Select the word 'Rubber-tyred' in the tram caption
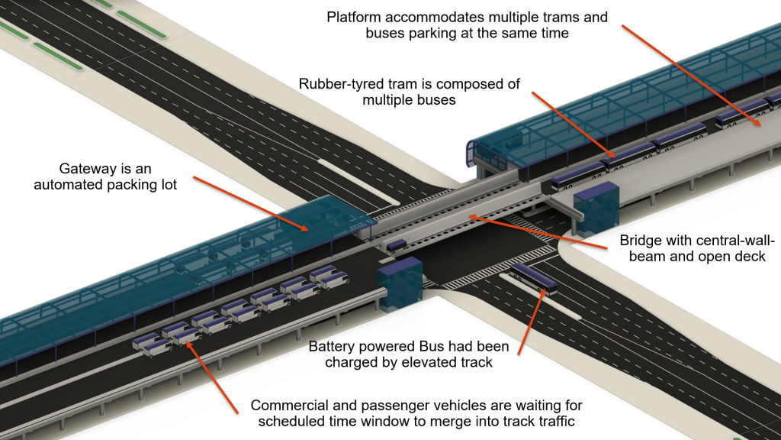click(x=338, y=84)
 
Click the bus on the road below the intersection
click(x=535, y=279)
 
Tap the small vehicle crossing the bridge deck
click(x=396, y=247)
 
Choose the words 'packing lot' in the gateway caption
click(x=139, y=185)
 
